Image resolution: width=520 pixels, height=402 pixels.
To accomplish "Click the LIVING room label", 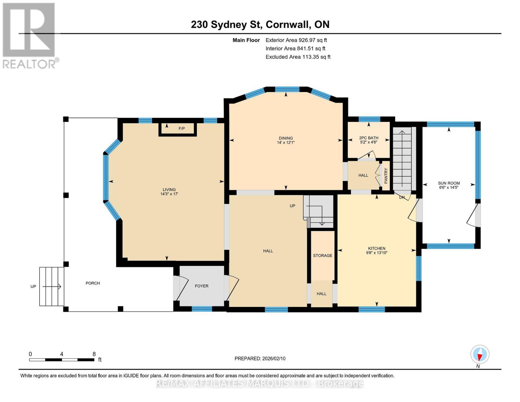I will [x=169, y=190].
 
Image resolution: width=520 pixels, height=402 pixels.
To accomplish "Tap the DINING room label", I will [x=286, y=138].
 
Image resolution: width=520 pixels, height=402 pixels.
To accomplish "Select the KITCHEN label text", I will [x=377, y=249].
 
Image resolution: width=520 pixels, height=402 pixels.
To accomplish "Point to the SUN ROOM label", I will [x=449, y=183].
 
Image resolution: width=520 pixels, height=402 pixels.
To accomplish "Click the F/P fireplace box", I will [x=181, y=129].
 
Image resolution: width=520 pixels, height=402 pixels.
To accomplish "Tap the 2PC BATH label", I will [x=369, y=138].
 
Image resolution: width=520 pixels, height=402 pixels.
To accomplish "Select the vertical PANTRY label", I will [x=386, y=176].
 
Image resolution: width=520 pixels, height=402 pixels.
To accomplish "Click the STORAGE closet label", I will [x=322, y=256].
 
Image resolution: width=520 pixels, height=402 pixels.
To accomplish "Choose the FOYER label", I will [x=202, y=286].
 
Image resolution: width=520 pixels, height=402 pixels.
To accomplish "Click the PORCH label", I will [x=93, y=283].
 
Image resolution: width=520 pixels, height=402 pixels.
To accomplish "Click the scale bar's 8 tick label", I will [x=94, y=354].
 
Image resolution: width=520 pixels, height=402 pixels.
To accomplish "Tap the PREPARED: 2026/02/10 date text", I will [x=260, y=358].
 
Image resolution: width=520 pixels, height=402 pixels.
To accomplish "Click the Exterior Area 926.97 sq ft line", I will [x=296, y=40].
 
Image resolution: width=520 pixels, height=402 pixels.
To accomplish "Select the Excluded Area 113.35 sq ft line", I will [x=298, y=57].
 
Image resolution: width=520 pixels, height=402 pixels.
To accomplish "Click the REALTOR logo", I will [x=29, y=35].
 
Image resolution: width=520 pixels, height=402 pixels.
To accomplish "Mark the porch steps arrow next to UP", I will [x=52, y=286].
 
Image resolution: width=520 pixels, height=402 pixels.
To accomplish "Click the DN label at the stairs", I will [x=402, y=198].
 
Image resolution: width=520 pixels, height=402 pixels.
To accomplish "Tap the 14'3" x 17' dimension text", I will [x=169, y=194].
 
